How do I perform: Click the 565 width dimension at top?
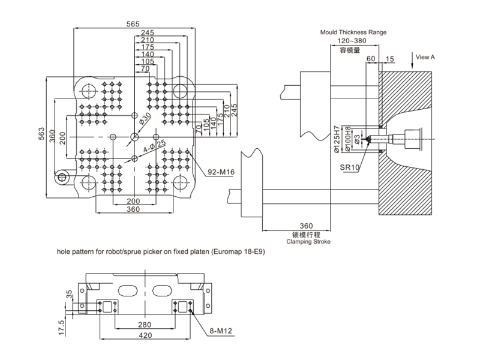click(x=133, y=24)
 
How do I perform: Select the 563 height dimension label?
click(x=41, y=134)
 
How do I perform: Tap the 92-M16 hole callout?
click(x=221, y=172)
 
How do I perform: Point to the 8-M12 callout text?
click(x=221, y=331)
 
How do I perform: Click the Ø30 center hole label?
click(x=145, y=118)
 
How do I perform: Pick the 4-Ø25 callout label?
click(x=155, y=146)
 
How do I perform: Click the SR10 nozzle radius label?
click(x=350, y=167)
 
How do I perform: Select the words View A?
click(x=425, y=57)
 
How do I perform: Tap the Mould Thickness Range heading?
click(x=353, y=32)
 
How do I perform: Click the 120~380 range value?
click(x=352, y=41)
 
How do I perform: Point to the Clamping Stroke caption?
click(x=308, y=242)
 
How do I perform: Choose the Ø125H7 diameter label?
click(x=337, y=139)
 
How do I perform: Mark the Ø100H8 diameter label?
click(x=347, y=139)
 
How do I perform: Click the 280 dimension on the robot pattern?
click(x=145, y=325)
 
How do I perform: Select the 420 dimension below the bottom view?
click(x=145, y=335)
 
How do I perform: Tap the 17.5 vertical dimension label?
click(x=62, y=327)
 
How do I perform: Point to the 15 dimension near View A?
click(x=389, y=59)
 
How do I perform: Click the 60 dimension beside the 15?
click(x=371, y=58)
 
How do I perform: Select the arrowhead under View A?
click(x=412, y=66)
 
